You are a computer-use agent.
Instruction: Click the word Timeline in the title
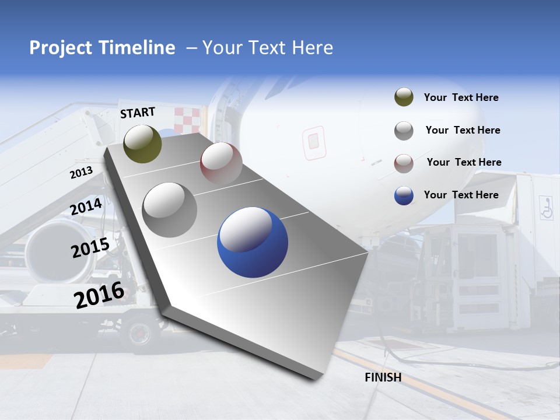point(138,48)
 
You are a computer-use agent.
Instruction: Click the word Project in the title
point(61,48)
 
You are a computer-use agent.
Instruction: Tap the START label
point(138,113)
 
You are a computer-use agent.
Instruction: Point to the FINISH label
point(383,377)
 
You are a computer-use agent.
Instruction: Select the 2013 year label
point(81,173)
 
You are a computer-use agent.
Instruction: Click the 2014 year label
point(86,206)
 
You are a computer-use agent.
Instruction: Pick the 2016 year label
point(99,295)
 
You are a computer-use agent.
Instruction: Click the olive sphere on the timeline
point(143,143)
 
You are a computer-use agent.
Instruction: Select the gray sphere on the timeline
point(170,209)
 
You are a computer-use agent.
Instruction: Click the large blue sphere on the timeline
point(253,243)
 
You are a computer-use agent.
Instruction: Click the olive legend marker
point(404,97)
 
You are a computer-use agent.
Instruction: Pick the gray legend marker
point(404,131)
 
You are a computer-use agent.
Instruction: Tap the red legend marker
point(404,163)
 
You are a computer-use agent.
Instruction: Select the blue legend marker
point(404,195)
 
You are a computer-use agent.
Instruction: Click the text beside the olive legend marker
point(461,98)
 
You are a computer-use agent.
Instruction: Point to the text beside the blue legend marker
point(461,195)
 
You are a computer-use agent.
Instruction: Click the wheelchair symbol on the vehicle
point(546,208)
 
